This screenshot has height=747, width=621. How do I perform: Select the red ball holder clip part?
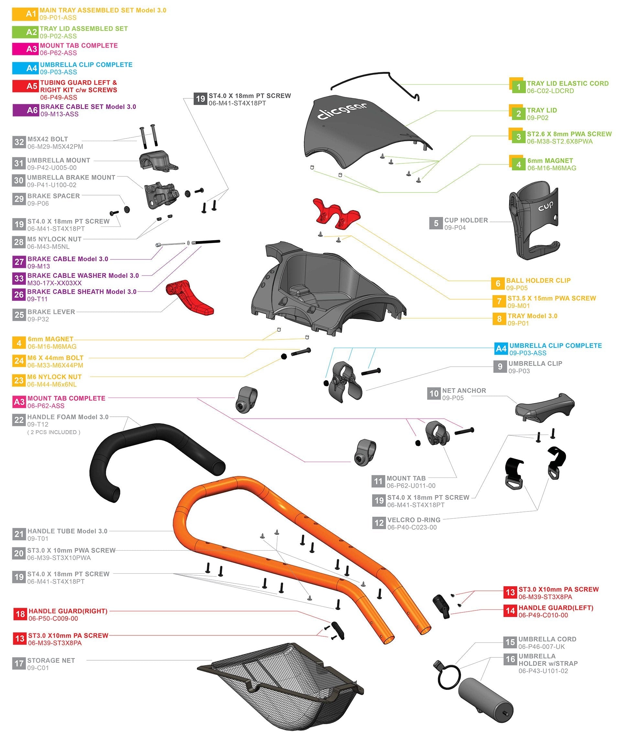tap(336, 214)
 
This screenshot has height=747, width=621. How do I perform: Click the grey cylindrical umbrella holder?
tap(485, 700)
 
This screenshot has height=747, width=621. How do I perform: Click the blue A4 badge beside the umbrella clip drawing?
tap(501, 349)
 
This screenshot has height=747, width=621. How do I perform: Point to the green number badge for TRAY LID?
tap(518, 114)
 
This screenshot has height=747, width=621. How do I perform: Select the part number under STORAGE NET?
tap(38, 668)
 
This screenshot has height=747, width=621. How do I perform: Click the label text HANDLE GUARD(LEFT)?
tap(556, 608)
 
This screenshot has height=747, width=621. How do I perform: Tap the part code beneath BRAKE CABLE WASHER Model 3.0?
tap(54, 283)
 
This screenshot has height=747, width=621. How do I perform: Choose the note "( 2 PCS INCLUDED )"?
tap(54, 432)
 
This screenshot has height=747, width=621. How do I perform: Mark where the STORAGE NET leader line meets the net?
tap(212, 661)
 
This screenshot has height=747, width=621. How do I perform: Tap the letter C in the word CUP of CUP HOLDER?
tap(447, 220)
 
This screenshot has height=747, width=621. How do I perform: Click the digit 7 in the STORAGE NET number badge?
tap(22, 664)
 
